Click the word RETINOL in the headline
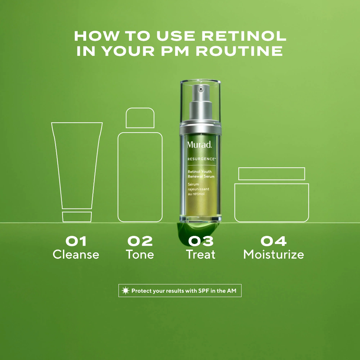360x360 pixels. click(x=244, y=36)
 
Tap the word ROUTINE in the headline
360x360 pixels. click(x=239, y=51)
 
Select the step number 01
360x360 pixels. click(x=76, y=241)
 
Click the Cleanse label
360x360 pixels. click(x=76, y=255)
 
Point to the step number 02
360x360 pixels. click(x=140, y=241)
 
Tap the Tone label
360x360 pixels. click(x=140, y=255)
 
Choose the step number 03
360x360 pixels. click(x=201, y=241)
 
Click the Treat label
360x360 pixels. click(x=201, y=255)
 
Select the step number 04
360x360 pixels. click(x=274, y=241)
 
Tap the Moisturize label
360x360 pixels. click(x=274, y=255)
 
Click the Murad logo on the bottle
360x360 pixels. click(x=199, y=144)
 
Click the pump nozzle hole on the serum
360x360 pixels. click(x=201, y=89)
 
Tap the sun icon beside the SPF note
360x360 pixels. click(x=126, y=291)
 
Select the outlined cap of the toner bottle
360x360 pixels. click(x=140, y=118)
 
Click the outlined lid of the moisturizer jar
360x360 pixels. click(x=272, y=174)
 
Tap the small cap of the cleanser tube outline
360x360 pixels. click(x=77, y=217)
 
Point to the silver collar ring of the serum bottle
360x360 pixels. click(x=201, y=130)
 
